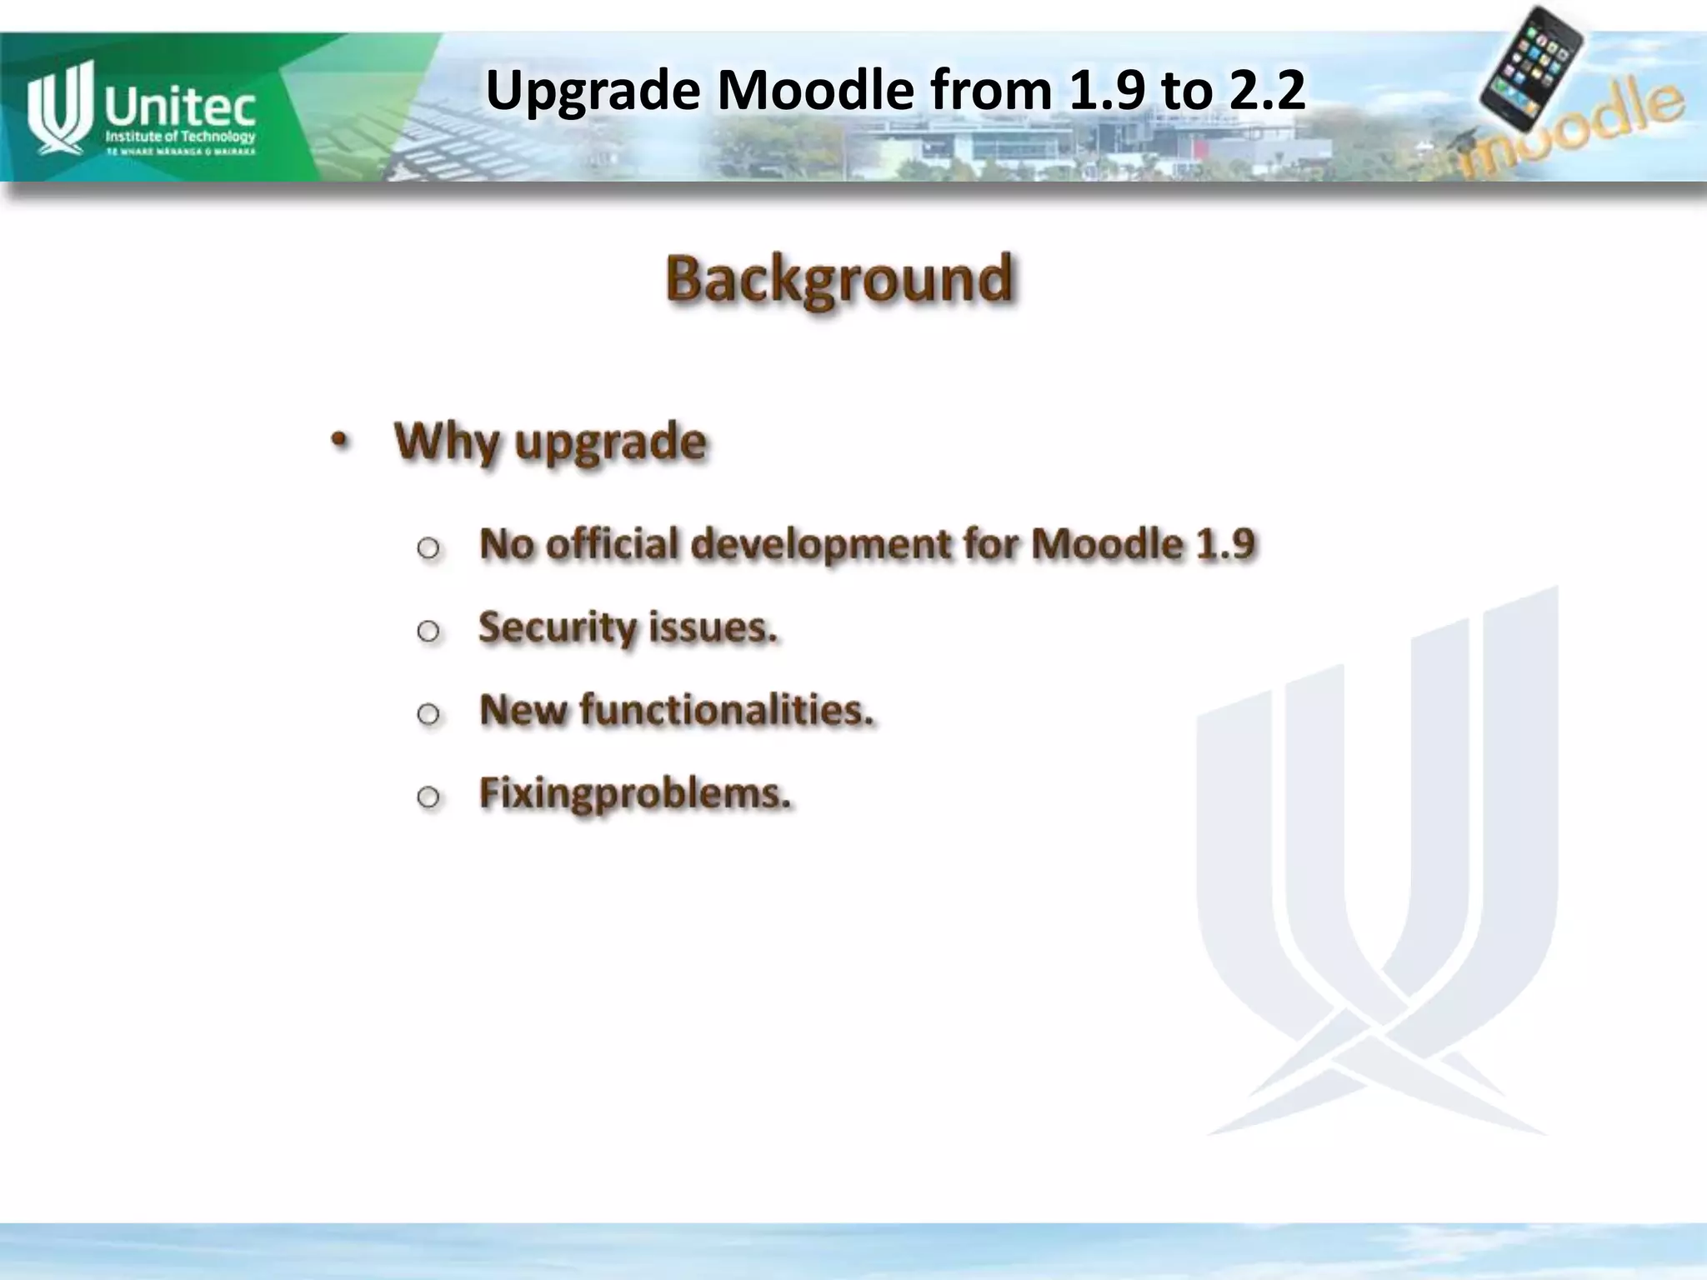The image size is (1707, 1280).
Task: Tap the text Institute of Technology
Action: point(180,137)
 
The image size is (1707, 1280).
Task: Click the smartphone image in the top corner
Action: point(1532,67)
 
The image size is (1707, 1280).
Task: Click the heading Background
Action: point(839,279)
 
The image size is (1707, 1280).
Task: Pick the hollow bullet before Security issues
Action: point(428,631)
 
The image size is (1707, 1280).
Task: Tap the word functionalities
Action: point(726,710)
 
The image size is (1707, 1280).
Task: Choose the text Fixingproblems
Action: point(634,793)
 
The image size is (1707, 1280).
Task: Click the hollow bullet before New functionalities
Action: point(428,714)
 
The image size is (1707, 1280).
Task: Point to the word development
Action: point(820,545)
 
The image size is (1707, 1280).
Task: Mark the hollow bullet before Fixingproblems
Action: point(428,797)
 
